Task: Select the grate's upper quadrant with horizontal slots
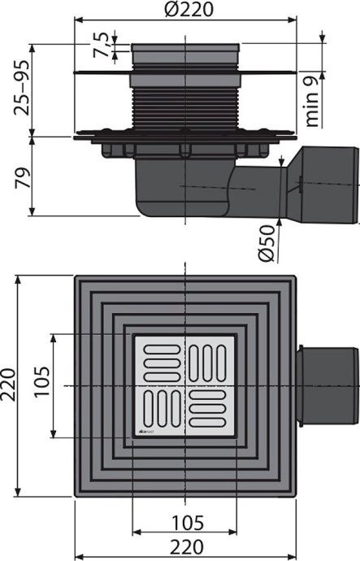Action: tap(159, 358)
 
